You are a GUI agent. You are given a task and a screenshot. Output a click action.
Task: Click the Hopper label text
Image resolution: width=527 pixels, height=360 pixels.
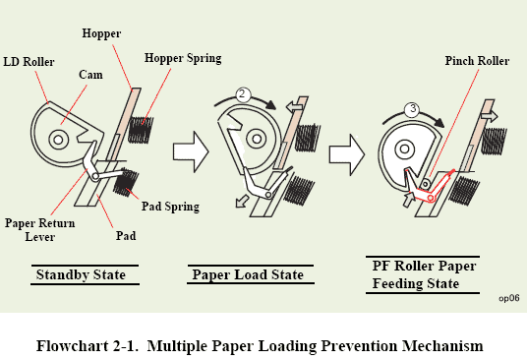coord(101,33)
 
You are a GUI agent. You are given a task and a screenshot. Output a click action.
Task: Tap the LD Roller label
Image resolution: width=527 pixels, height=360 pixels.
coord(29,62)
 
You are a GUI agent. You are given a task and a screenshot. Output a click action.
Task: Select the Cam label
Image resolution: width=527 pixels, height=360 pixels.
coord(90,75)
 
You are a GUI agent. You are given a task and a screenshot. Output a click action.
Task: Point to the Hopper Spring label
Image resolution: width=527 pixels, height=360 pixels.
coord(183,58)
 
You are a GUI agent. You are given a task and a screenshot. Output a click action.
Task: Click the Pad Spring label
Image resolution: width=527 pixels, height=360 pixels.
coord(170,206)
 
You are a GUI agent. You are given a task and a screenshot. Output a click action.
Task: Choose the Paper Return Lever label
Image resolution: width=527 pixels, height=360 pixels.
coord(39,230)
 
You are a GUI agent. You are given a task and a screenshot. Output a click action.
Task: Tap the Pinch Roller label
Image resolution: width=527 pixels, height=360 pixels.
coord(477,61)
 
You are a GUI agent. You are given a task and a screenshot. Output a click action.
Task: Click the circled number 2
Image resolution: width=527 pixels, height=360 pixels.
coord(243,94)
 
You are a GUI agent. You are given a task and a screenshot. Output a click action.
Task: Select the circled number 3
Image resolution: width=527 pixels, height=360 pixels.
coord(413,109)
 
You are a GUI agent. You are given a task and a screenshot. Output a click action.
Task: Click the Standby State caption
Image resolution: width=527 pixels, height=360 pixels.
coord(81,274)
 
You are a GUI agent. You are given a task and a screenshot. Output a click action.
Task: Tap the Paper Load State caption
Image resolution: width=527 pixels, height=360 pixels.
coord(248,274)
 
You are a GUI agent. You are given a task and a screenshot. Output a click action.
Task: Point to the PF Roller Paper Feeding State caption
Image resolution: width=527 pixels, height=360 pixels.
coord(424,274)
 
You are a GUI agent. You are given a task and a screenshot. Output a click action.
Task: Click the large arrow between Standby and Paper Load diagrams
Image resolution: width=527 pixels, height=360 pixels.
coord(191,151)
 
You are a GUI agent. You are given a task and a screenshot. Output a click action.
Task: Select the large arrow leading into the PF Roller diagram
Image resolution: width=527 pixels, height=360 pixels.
coord(347,155)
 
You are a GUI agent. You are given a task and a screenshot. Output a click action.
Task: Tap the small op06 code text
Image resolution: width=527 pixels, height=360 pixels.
coord(509,298)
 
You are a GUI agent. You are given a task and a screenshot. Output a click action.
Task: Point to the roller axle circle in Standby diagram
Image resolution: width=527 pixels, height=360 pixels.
coord(58,139)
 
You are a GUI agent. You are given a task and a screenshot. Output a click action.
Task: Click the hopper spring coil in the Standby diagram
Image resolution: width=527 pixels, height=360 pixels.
coord(142,130)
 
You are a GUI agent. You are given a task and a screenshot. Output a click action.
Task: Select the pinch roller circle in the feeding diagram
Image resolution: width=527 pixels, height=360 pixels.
coord(425,184)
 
